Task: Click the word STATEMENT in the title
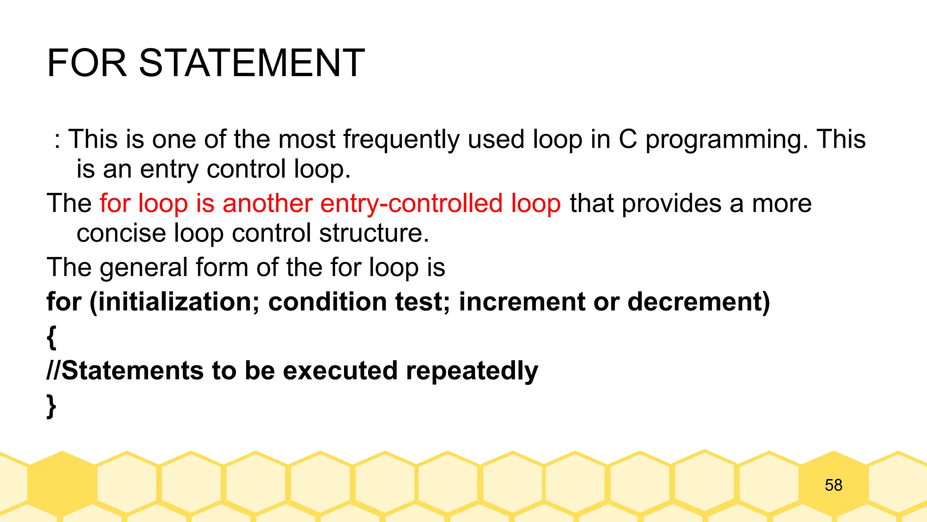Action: (252, 63)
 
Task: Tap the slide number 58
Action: (833, 485)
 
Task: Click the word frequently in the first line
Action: (401, 139)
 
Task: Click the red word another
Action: (267, 203)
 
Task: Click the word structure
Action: (373, 233)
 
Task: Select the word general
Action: (143, 268)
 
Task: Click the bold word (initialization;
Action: (175, 302)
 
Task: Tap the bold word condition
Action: (327, 302)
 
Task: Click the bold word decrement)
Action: (699, 302)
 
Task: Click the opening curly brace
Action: (52, 337)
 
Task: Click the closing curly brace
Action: (52, 406)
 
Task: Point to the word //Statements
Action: (125, 371)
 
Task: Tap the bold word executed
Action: (340, 371)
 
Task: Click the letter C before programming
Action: (628, 139)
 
